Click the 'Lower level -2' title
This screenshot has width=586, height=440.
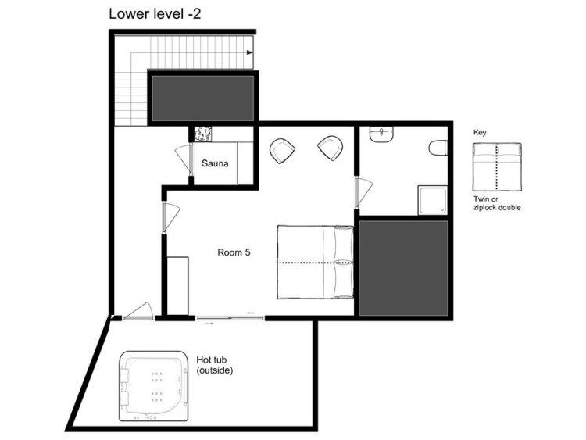pyautogui.click(x=155, y=14)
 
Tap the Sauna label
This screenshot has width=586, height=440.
pyautogui.click(x=215, y=163)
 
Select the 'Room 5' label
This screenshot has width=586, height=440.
pyautogui.click(x=234, y=252)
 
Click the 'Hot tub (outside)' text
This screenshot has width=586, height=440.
pyautogui.click(x=215, y=365)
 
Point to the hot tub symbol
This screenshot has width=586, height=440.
pyautogui.click(x=153, y=386)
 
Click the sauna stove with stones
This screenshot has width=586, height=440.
pyautogui.click(x=203, y=134)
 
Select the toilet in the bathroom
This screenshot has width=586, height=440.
pyautogui.click(x=438, y=148)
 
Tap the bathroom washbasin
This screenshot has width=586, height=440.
pyautogui.click(x=381, y=134)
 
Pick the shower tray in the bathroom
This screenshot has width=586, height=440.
pyautogui.click(x=432, y=200)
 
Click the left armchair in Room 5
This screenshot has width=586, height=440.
pyautogui.click(x=282, y=151)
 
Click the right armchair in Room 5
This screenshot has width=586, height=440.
pyautogui.click(x=331, y=148)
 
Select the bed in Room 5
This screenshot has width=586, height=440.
pyautogui.click(x=316, y=262)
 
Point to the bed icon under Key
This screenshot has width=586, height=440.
pyautogui.click(x=497, y=166)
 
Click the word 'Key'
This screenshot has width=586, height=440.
pyautogui.click(x=480, y=132)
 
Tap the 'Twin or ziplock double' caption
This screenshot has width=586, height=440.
pyautogui.click(x=497, y=203)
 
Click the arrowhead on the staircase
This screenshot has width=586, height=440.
pyautogui.click(x=250, y=52)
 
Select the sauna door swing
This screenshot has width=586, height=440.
pyautogui.click(x=183, y=159)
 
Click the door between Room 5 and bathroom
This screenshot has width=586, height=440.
pyautogui.click(x=363, y=193)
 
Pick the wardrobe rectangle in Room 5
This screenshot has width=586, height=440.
pyautogui.click(x=177, y=285)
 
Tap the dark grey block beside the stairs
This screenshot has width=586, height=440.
pyautogui.click(x=203, y=98)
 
